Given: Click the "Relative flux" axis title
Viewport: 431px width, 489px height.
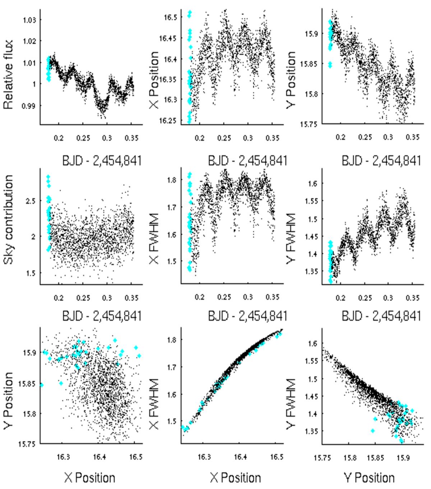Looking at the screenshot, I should click(9, 74).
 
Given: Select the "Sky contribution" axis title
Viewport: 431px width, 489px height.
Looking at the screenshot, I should click(9, 220).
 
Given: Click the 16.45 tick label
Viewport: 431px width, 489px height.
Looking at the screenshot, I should click(170, 38).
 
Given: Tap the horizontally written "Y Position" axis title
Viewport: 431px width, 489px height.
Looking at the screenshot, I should click(369, 478).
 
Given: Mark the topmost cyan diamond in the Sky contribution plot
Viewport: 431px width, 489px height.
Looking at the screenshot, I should click(48, 177).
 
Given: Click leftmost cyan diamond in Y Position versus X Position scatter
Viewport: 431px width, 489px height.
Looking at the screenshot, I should click(41, 385).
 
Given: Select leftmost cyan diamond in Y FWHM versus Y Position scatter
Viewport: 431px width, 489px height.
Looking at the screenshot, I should click(373, 431).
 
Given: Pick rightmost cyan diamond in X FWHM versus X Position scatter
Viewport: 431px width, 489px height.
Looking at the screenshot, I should click(280, 334).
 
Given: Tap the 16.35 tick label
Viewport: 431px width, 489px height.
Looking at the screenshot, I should click(170, 79).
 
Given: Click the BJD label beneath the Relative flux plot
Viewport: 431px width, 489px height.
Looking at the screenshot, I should click(102, 160).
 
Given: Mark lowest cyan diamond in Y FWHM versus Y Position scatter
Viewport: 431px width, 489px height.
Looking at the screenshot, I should click(401, 441).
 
